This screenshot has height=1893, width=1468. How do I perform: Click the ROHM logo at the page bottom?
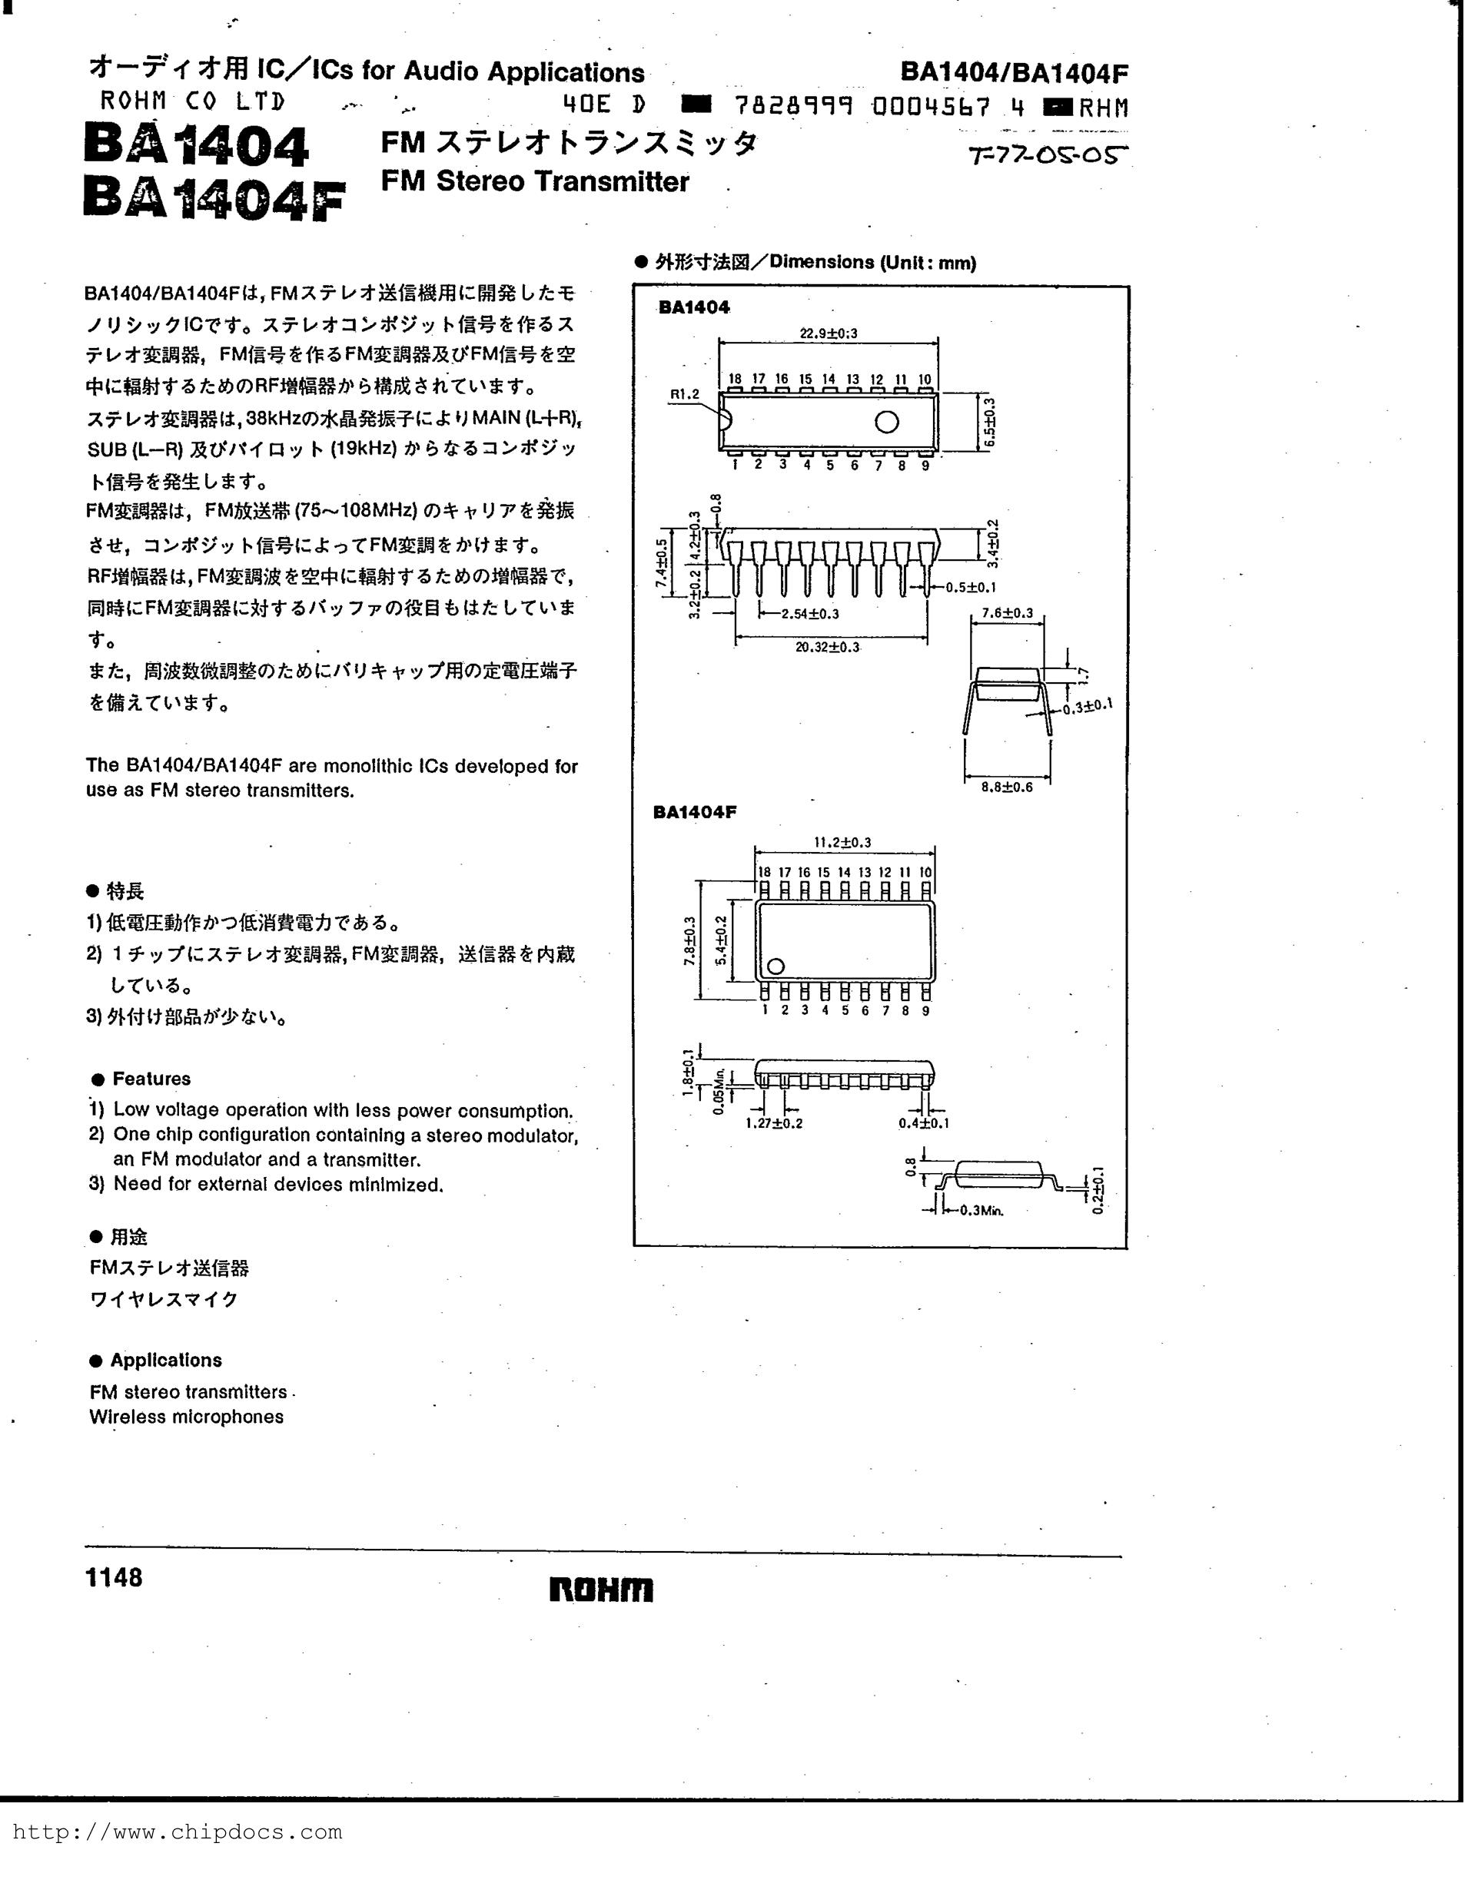pyautogui.click(x=601, y=1589)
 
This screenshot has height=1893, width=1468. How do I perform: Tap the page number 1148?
pyautogui.click(x=114, y=1577)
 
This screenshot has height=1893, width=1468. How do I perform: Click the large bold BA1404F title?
pyautogui.click(x=214, y=198)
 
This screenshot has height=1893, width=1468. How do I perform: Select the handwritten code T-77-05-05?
pyautogui.click(x=1048, y=157)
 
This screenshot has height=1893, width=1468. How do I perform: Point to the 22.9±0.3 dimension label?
pyautogui.click(x=828, y=333)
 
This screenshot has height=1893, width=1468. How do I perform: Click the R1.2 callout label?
pyautogui.click(x=684, y=394)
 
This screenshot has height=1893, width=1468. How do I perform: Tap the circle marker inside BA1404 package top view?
pyautogui.click(x=886, y=422)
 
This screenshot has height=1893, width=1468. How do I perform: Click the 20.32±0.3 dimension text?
pyautogui.click(x=827, y=647)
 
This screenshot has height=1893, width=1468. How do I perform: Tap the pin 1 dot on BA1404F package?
pyautogui.click(x=776, y=966)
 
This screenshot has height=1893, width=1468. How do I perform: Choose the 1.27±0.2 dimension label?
pyautogui.click(x=773, y=1123)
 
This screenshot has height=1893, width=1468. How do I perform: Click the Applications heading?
pyautogui.click(x=165, y=1360)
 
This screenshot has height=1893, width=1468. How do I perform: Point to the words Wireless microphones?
pyautogui.click(x=187, y=1416)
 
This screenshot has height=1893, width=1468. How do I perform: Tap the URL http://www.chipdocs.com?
pyautogui.click(x=177, y=1832)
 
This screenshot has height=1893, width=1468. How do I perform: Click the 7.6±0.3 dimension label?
pyautogui.click(x=1007, y=613)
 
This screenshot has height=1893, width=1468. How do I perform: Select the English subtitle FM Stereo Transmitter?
pyautogui.click(x=535, y=181)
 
